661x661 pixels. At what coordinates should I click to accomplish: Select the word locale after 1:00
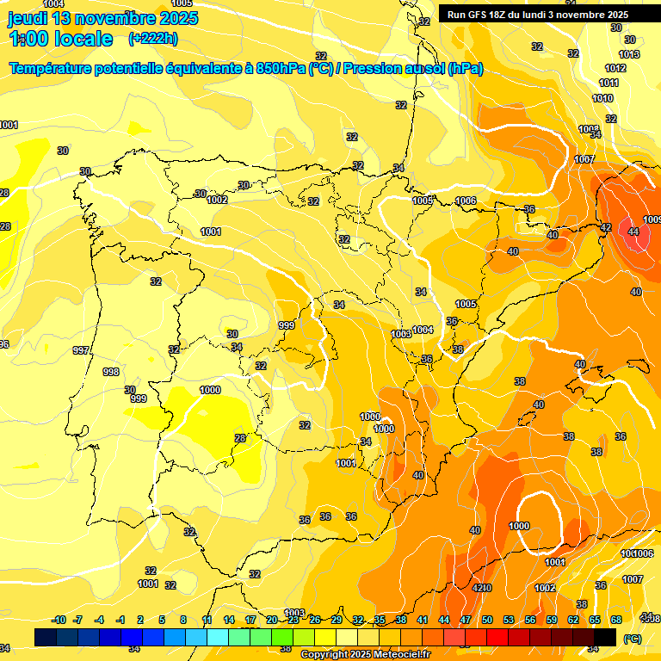(83, 39)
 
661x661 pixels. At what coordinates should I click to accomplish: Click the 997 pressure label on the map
(81, 350)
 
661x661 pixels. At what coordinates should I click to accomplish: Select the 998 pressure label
(111, 372)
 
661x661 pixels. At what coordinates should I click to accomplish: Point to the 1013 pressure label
(629, 54)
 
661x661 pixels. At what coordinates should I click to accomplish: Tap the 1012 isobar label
(615, 68)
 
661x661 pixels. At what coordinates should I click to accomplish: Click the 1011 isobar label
(608, 83)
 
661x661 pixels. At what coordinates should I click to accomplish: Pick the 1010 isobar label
(602, 98)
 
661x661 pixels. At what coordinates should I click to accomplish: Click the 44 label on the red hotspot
(633, 232)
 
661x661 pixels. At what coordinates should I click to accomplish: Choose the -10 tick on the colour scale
(59, 621)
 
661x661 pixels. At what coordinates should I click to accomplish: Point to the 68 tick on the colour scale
(616, 621)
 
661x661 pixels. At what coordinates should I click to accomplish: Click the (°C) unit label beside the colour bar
(632, 638)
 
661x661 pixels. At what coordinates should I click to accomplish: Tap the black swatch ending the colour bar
(605, 637)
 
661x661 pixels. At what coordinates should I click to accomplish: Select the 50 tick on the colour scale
(487, 621)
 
